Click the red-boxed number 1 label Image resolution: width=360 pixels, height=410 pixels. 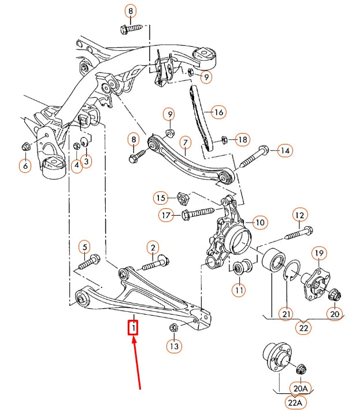(133, 328)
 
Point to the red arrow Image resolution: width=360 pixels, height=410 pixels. (137, 364)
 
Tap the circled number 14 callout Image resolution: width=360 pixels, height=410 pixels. (284, 151)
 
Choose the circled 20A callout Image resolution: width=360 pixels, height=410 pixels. (301, 389)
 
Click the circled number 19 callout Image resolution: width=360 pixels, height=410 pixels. (319, 253)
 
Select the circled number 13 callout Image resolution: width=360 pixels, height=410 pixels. (174, 346)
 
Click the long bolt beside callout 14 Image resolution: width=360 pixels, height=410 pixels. (253, 157)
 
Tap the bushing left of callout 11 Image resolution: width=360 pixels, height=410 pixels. (237, 268)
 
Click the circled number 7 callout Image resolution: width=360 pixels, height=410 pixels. (185, 142)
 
